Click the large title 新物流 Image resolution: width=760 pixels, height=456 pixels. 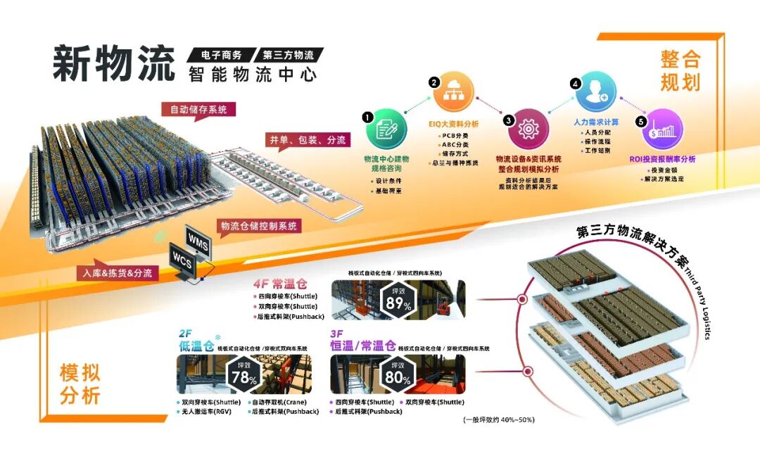click(x=113, y=64)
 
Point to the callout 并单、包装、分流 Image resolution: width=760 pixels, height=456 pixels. click(x=307, y=140)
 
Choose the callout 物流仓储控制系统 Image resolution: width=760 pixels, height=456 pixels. click(x=260, y=226)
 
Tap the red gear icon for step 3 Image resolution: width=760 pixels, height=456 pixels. click(x=527, y=129)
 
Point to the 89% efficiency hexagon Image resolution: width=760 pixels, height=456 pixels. click(x=397, y=298)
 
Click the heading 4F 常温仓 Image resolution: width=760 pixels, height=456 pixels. click(x=280, y=285)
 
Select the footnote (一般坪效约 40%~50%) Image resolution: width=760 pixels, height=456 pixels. click(x=498, y=420)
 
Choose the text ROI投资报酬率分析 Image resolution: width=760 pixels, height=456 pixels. click(x=662, y=160)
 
